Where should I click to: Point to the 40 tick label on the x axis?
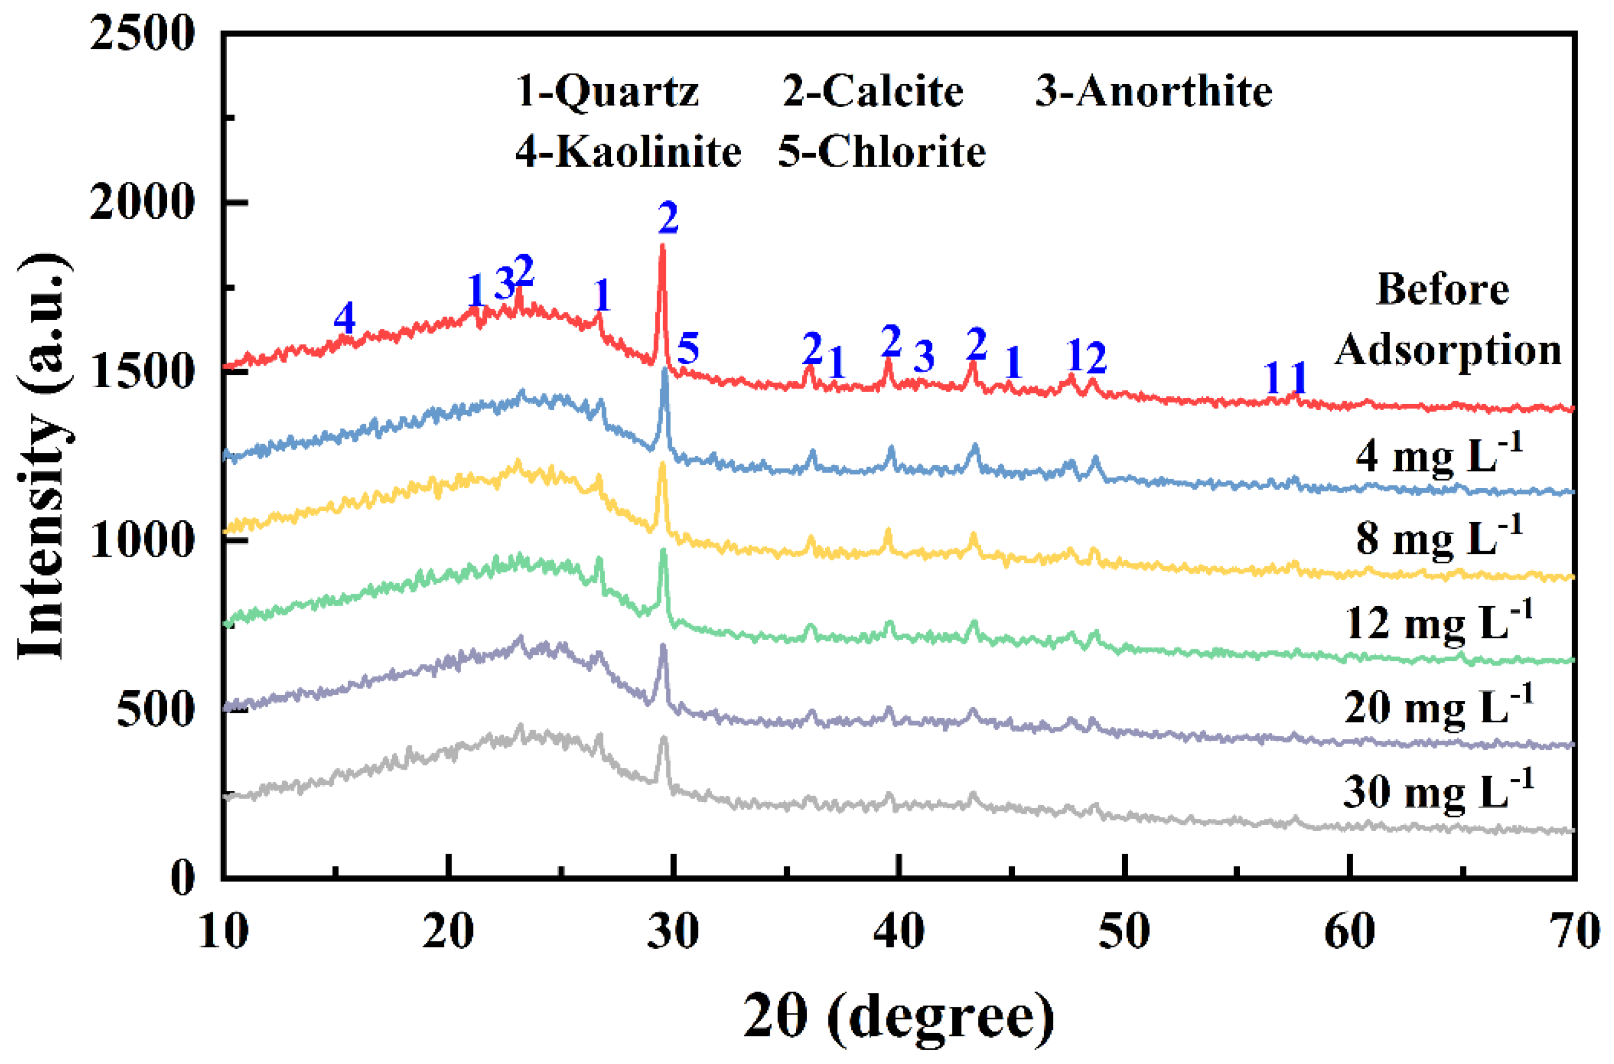click(x=899, y=931)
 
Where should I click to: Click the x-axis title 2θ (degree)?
click(x=899, y=1016)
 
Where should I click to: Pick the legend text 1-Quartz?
click(x=607, y=91)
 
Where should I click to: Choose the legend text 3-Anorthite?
click(x=1153, y=91)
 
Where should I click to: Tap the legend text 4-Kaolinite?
click(x=628, y=152)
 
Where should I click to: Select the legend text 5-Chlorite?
click(x=881, y=152)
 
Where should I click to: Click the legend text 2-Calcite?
click(x=873, y=91)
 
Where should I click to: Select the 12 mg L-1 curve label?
click(x=1438, y=621)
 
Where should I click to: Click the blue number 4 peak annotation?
click(x=344, y=318)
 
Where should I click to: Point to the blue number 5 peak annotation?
click(x=688, y=349)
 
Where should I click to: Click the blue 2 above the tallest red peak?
click(x=668, y=218)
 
